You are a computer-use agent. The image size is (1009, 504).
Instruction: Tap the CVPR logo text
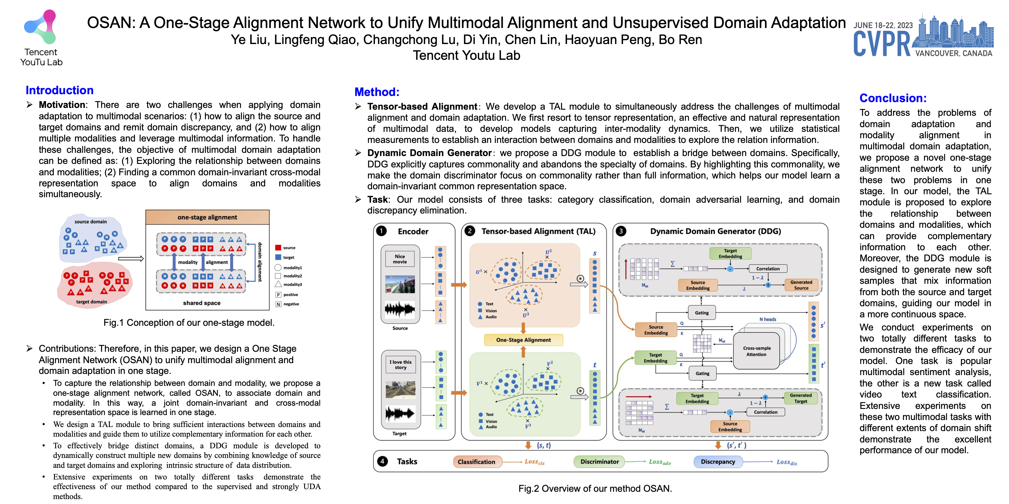(x=882, y=44)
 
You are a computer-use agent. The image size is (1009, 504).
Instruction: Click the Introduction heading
(x=60, y=90)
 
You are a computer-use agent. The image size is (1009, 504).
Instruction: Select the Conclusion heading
(x=893, y=98)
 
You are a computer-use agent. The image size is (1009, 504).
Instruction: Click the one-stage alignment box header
(x=207, y=217)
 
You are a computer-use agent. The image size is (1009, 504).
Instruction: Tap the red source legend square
(x=278, y=248)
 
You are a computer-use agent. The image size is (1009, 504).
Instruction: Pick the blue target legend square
(x=278, y=257)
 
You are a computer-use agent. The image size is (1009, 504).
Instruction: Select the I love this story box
(x=400, y=365)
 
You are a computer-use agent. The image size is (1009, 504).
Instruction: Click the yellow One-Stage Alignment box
(x=523, y=340)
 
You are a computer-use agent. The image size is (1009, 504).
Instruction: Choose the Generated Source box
(x=801, y=285)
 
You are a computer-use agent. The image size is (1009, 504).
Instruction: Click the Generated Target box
(x=800, y=398)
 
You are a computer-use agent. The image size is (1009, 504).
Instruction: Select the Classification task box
(x=476, y=462)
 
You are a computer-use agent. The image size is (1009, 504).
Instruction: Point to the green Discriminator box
(x=599, y=462)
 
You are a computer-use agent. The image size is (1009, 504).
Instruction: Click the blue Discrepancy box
(x=718, y=462)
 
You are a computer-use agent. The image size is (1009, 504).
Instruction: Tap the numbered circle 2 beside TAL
(x=470, y=231)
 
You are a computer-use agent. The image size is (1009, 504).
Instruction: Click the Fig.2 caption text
(x=595, y=489)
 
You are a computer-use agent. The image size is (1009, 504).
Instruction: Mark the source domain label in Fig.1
(x=91, y=221)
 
